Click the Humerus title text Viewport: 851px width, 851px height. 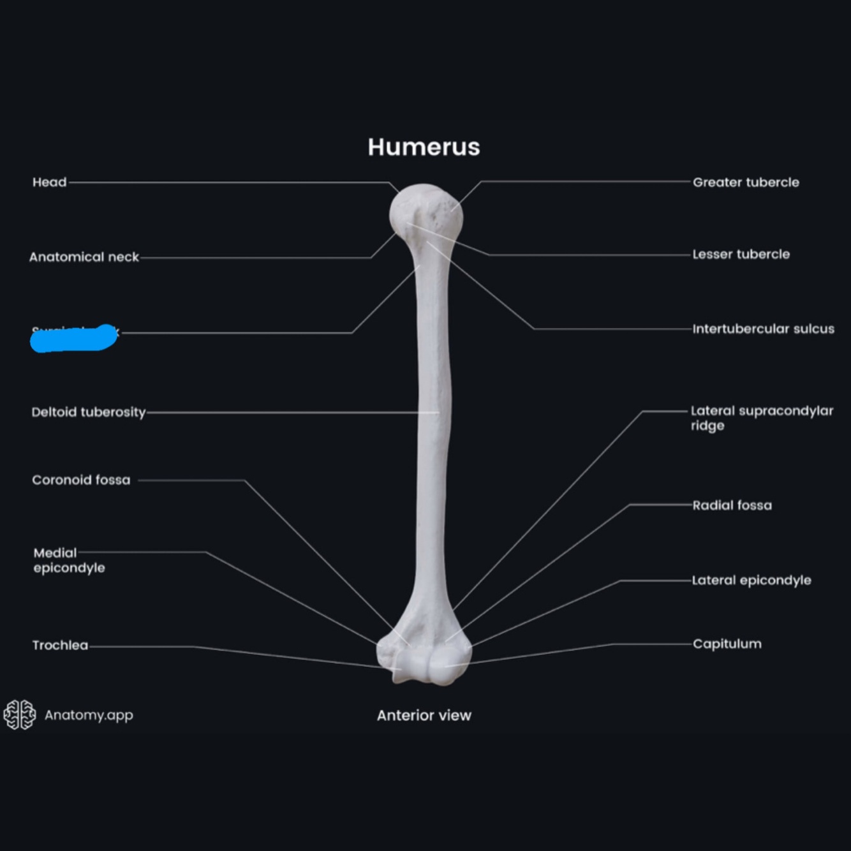[424, 147]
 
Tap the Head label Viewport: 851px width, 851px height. [49, 182]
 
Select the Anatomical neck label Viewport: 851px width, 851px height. [84, 257]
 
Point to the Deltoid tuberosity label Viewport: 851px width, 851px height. [89, 412]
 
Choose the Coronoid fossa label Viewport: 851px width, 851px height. [81, 480]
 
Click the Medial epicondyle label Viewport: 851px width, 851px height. [69, 560]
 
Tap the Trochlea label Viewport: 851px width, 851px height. [60, 645]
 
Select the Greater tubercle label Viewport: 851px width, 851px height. [746, 182]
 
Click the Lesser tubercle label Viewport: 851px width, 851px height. [741, 255]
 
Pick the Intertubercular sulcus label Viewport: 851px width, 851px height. [763, 329]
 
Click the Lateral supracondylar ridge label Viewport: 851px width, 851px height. [761, 418]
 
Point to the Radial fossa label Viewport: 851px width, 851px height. [732, 505]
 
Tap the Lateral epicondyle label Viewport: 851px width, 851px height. [751, 581]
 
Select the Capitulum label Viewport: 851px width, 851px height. [727, 644]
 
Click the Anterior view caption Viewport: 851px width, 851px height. [424, 716]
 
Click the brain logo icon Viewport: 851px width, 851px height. [20, 714]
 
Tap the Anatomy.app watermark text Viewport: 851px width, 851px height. [89, 715]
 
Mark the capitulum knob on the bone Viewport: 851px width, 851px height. [448, 665]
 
